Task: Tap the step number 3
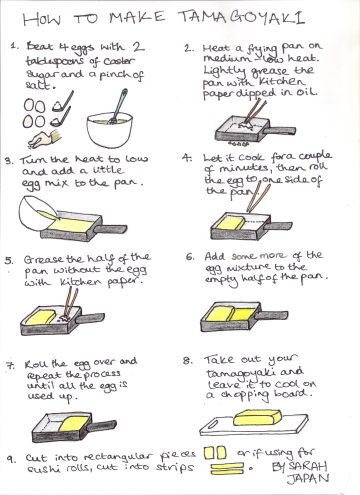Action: pos(8,161)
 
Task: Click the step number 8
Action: pos(187,361)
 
